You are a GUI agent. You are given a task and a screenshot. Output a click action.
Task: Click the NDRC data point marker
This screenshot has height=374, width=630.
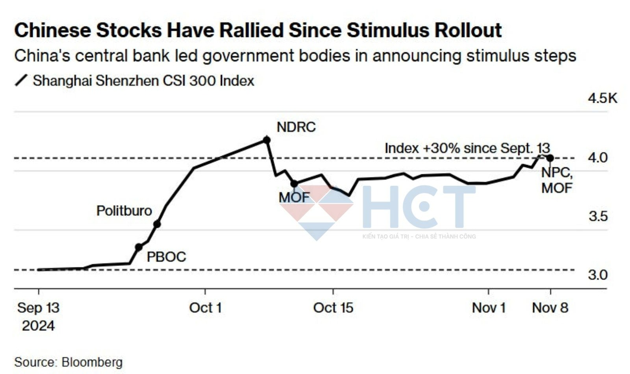click(x=267, y=140)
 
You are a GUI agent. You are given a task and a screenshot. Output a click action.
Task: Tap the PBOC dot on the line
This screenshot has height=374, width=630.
click(x=139, y=247)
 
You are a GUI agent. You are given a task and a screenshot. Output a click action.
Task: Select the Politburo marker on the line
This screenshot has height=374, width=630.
click(x=157, y=224)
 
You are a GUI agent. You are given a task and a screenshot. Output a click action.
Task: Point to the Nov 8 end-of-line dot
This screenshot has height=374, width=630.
click(x=550, y=158)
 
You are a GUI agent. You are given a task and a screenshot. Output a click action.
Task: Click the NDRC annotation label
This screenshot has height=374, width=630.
click(x=296, y=127)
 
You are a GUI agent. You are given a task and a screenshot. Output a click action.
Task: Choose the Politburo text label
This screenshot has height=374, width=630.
click(x=124, y=211)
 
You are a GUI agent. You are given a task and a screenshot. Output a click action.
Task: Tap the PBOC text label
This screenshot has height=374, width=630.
click(x=166, y=257)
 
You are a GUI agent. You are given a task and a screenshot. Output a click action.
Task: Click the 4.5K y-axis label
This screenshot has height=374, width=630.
click(x=602, y=98)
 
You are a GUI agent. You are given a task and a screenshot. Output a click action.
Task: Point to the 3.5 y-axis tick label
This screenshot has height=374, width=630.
click(x=598, y=216)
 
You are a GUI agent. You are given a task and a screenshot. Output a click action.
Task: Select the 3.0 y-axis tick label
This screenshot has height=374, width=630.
click(x=598, y=275)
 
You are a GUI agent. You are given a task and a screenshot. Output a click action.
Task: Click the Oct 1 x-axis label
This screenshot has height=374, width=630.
click(x=205, y=308)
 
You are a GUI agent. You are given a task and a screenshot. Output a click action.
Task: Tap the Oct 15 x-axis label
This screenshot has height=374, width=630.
click(x=333, y=308)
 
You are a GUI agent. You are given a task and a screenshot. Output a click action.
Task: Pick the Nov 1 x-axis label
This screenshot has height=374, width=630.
click(x=489, y=308)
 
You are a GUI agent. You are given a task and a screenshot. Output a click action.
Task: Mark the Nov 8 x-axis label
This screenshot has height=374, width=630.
click(x=550, y=308)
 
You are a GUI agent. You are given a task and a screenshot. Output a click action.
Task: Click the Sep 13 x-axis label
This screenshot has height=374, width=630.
click(x=38, y=308)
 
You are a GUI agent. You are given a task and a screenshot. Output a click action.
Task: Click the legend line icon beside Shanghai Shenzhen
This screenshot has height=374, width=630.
click(x=21, y=80)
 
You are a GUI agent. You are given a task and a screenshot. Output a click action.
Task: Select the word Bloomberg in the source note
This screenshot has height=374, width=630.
click(x=92, y=362)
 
